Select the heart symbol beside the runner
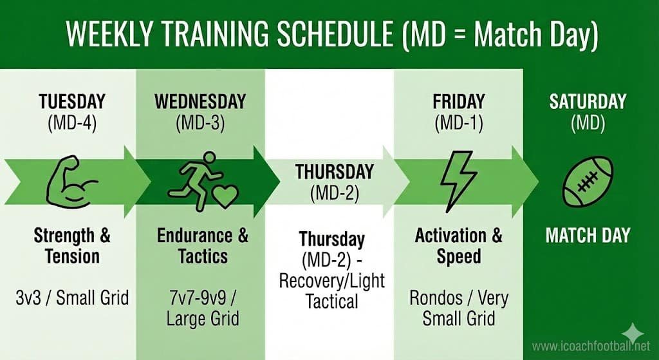point(225,196)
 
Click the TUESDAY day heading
point(72,102)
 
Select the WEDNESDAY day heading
point(200,102)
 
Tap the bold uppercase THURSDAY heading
point(334,172)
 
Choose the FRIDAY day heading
point(458,102)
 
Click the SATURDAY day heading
point(587,102)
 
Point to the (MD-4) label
point(72,122)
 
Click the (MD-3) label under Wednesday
point(200,122)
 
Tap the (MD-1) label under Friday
point(458,122)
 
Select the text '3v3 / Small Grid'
point(72,298)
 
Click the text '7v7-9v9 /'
point(202,298)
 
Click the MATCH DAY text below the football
point(587,236)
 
